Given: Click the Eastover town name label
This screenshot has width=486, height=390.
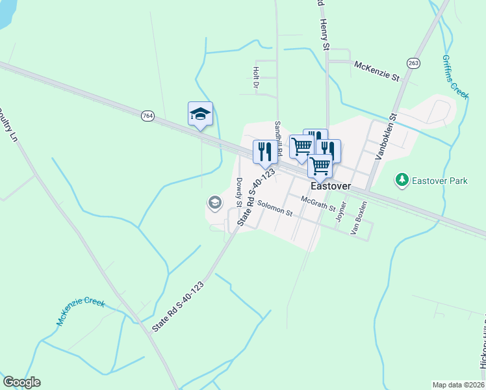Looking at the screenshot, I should (x=331, y=186).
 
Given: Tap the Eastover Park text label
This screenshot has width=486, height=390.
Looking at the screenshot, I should (x=439, y=179).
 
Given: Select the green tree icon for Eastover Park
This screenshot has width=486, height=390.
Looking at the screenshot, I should (x=402, y=179).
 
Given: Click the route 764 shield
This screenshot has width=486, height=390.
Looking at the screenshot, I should (x=147, y=116).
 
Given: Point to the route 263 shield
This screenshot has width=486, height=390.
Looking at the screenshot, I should (x=413, y=62).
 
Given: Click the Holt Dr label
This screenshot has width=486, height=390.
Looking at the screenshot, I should (x=256, y=77).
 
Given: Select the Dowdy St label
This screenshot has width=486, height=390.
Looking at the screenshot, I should (x=238, y=188).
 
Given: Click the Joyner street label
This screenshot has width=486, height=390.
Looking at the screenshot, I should (x=342, y=211).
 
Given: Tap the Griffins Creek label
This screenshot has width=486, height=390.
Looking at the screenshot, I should (x=455, y=76).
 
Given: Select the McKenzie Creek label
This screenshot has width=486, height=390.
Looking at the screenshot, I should (x=81, y=308).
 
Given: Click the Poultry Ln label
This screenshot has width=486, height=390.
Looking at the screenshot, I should (x=8, y=125).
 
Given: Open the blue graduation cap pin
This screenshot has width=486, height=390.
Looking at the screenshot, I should (x=200, y=114).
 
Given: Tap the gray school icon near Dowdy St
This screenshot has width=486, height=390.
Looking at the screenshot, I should (x=214, y=203).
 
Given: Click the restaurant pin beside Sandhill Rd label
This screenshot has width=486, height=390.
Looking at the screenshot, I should (x=264, y=151).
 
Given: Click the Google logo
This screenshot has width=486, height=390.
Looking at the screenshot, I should (x=21, y=382).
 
